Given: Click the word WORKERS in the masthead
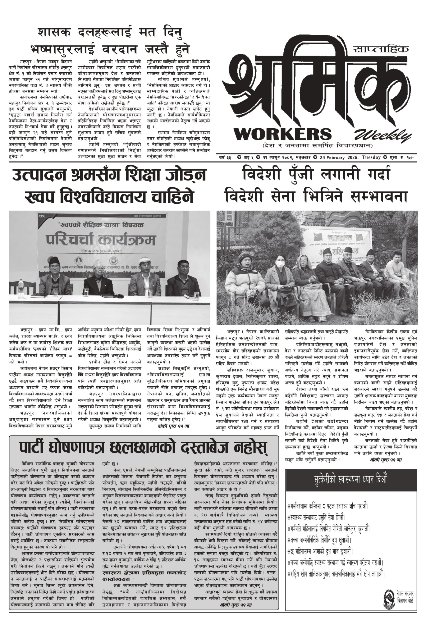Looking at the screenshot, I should [283, 134].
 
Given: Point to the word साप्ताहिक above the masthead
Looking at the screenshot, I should [381, 49].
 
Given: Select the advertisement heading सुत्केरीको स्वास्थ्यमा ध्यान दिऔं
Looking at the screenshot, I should [351, 480].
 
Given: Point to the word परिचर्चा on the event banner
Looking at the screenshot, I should [71, 240].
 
